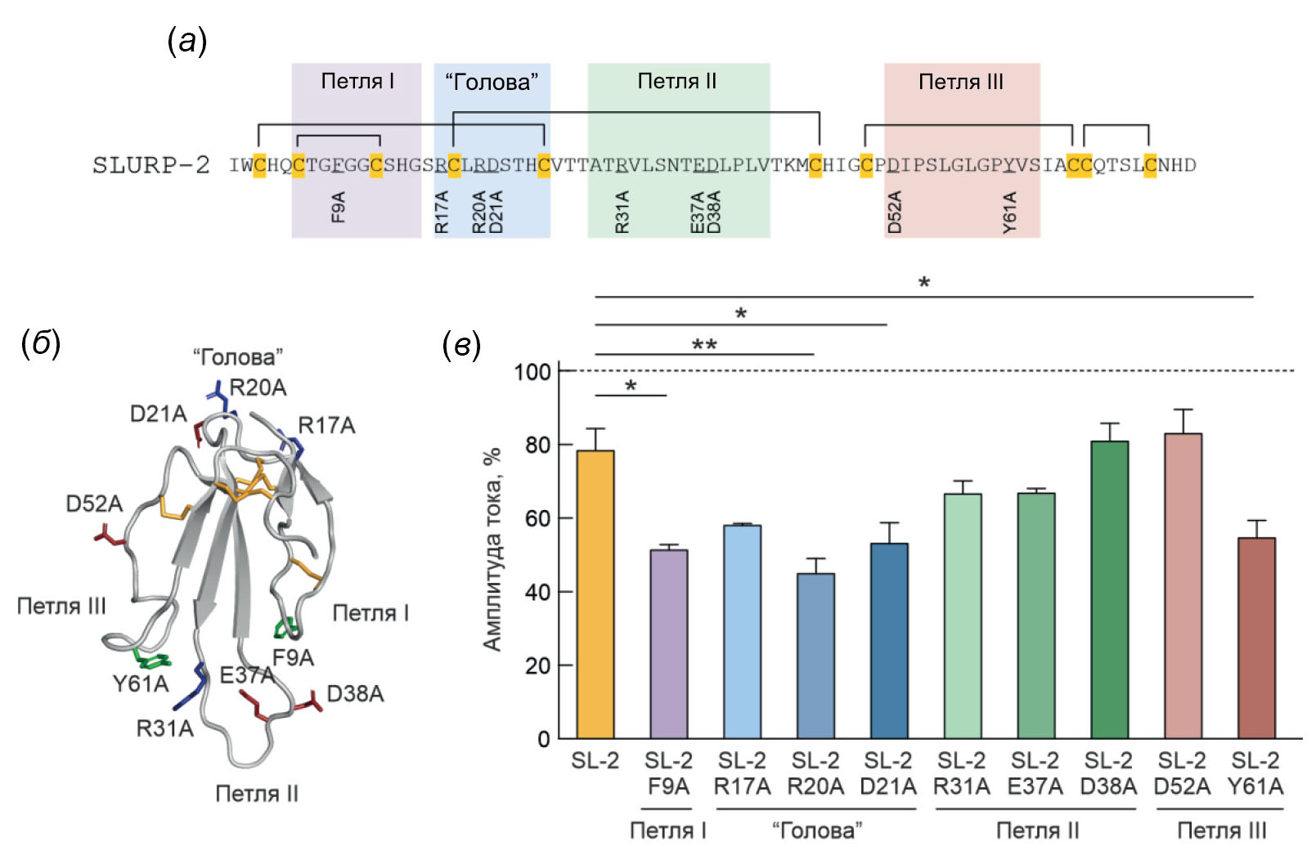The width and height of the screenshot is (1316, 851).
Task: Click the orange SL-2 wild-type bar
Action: [x=595, y=594]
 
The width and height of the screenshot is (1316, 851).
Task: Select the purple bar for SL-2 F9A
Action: [x=668, y=643]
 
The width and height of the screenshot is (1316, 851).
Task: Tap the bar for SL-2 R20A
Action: [x=815, y=656]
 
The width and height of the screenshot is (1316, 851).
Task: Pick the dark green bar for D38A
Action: [x=1109, y=589]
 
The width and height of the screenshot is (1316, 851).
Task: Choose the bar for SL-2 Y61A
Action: [x=1255, y=638]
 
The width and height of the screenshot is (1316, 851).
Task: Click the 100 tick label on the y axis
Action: [x=532, y=372]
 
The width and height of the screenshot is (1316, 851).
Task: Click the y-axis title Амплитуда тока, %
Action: [x=492, y=549]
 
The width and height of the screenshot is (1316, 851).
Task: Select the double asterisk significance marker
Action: [x=704, y=345]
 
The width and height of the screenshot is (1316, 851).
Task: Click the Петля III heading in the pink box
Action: [x=961, y=82]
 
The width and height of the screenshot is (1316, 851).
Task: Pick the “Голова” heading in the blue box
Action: [x=492, y=82]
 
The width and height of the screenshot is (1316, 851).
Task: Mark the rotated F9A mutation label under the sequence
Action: [x=338, y=207]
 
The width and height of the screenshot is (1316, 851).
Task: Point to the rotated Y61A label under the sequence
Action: [x=1010, y=212]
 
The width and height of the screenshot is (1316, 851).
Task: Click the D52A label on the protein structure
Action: [x=94, y=504]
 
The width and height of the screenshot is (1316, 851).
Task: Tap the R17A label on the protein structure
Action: [x=326, y=426]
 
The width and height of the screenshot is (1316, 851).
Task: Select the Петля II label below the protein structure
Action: [x=257, y=794]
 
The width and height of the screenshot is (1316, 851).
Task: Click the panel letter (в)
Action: [x=461, y=346]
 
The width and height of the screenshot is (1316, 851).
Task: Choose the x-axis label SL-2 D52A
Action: [x=1182, y=773]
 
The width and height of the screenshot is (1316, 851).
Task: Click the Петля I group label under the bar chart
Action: [x=668, y=831]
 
